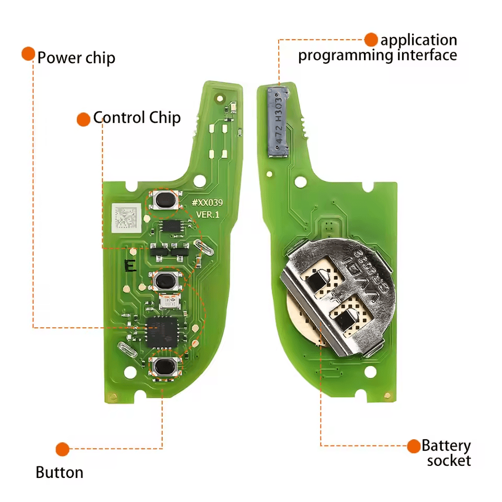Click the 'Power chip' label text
click(76, 58)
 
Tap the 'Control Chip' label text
click(137, 118)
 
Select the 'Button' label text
click(60, 473)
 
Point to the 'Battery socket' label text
click(447, 453)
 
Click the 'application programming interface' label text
click(378, 48)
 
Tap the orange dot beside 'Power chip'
click(28, 54)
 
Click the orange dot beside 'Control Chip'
click(83, 120)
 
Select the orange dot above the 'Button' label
click(62, 449)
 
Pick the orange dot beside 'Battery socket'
click(414, 446)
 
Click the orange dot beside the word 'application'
click(371, 39)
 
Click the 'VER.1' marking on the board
click(208, 214)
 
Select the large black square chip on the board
click(163, 332)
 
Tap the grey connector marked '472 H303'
click(279, 122)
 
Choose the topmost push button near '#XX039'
click(165, 200)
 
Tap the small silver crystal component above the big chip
click(169, 302)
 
